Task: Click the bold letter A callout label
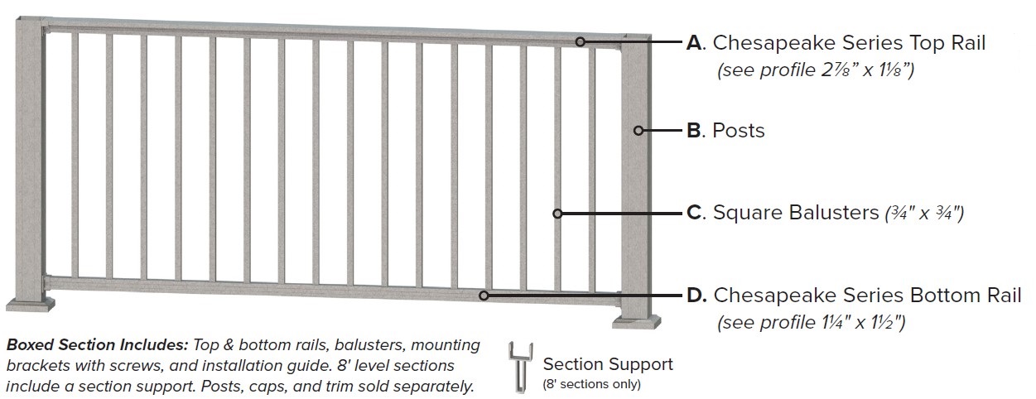click(695, 43)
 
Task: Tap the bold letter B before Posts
click(695, 131)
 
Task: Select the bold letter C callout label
click(695, 213)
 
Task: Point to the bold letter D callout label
click(696, 295)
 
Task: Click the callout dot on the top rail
click(581, 41)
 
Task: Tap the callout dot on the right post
click(638, 130)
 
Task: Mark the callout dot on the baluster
click(557, 213)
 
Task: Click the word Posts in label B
click(739, 131)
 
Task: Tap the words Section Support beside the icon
click(608, 364)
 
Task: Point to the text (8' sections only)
click(592, 383)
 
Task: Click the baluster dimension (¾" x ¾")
click(923, 214)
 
